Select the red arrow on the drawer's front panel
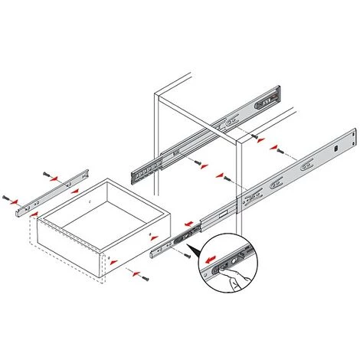coord(116,261)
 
